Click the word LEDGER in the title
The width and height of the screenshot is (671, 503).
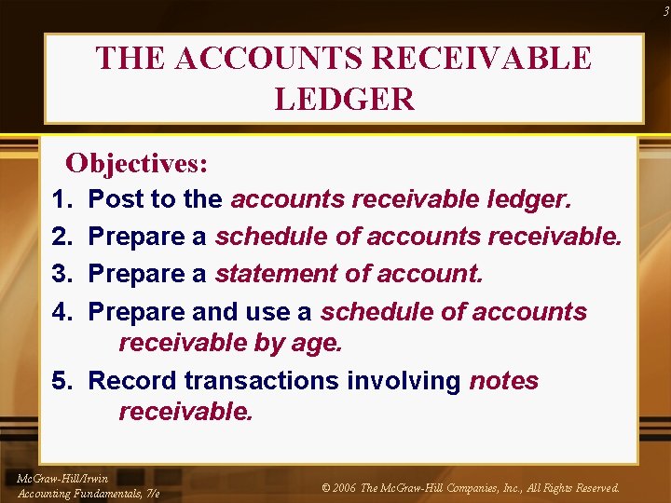coord(344,99)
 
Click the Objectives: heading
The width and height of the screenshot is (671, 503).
coord(137,163)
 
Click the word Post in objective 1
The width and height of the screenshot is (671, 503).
coord(115,199)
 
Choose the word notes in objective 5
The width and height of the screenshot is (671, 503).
coord(504,380)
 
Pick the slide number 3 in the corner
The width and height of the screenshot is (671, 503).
coord(664,11)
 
